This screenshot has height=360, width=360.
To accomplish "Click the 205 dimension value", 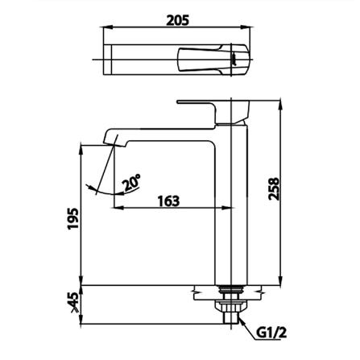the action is pos(177,20).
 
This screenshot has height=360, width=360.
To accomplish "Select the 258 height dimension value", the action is pos(274,188).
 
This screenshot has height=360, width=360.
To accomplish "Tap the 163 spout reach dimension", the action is pos(168,201).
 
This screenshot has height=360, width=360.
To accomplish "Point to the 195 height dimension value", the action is pos(73,218).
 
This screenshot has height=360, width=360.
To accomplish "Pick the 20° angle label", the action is pos(131,182).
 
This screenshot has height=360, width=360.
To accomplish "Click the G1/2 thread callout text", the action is pos(271,333).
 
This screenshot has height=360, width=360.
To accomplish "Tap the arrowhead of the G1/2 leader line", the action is pos(241,321).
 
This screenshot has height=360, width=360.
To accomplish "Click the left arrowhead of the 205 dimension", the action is pos(106,27).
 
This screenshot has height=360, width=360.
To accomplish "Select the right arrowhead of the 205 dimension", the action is pos(246,27).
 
